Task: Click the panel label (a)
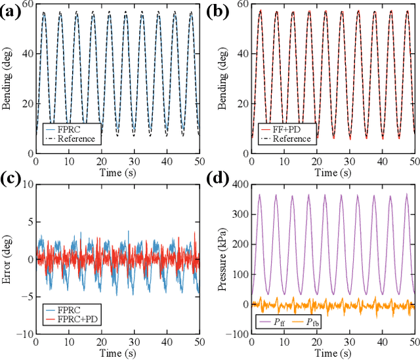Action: click(x=11, y=12)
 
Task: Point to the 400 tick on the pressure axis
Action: click(x=237, y=185)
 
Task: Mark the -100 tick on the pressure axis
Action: click(x=235, y=334)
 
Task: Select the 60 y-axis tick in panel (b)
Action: click(x=241, y=5)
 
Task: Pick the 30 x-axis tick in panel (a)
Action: click(x=134, y=161)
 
